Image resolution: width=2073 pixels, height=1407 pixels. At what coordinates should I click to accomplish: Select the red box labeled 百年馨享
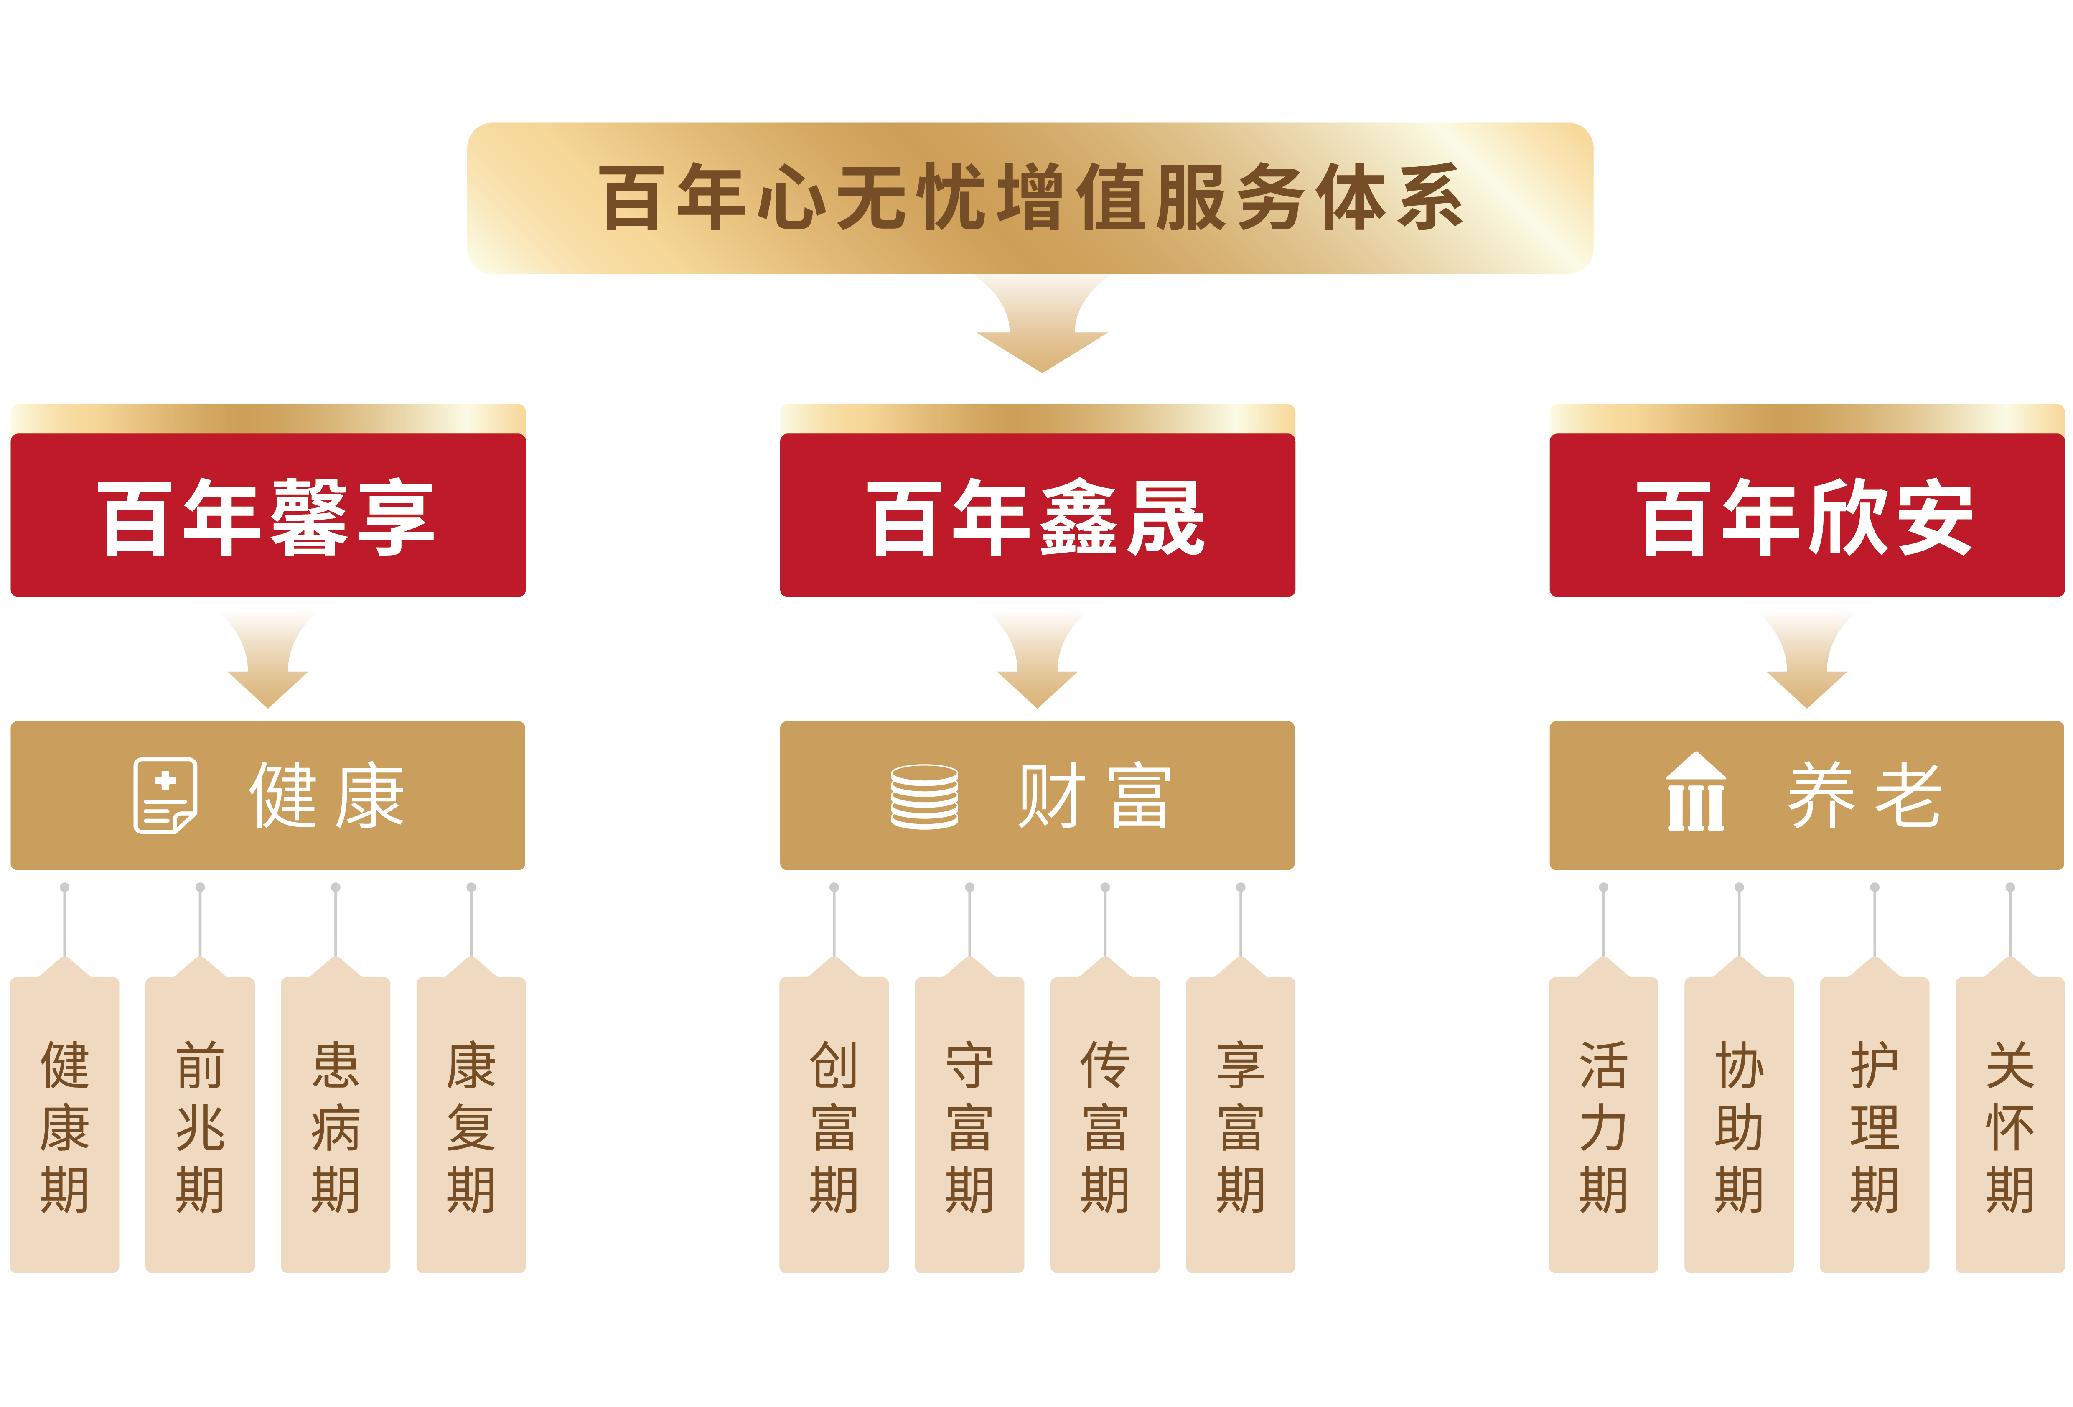click(x=267, y=516)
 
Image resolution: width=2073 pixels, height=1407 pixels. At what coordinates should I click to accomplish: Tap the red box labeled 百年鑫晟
click(x=1038, y=516)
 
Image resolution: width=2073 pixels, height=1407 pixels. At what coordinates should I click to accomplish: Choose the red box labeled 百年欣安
click(x=1806, y=516)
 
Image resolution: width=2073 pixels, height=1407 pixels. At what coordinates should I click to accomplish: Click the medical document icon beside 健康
click(x=165, y=795)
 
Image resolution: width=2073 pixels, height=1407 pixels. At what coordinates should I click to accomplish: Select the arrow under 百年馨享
click(x=267, y=660)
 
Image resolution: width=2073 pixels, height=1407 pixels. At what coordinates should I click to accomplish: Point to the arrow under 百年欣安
click(x=1806, y=660)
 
